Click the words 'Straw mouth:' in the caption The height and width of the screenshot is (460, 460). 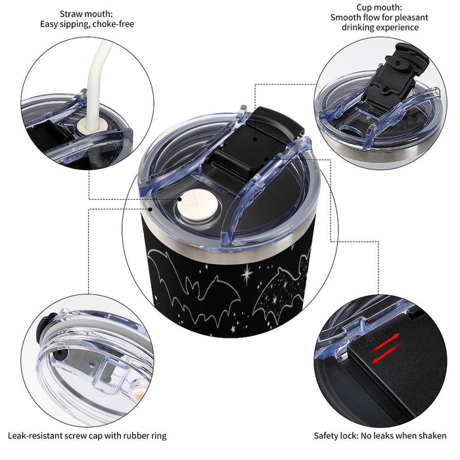pyautogui.click(x=86, y=14)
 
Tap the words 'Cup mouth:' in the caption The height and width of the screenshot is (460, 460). pyautogui.click(x=379, y=7)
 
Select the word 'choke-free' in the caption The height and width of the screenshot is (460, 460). pyautogui.click(x=113, y=24)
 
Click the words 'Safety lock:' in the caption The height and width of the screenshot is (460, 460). pyautogui.click(x=336, y=436)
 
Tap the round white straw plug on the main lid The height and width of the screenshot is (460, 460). pyautogui.click(x=197, y=204)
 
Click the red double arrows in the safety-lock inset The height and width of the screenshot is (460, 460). pyautogui.click(x=384, y=348)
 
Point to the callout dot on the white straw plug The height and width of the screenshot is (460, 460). pyautogui.click(x=179, y=200)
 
